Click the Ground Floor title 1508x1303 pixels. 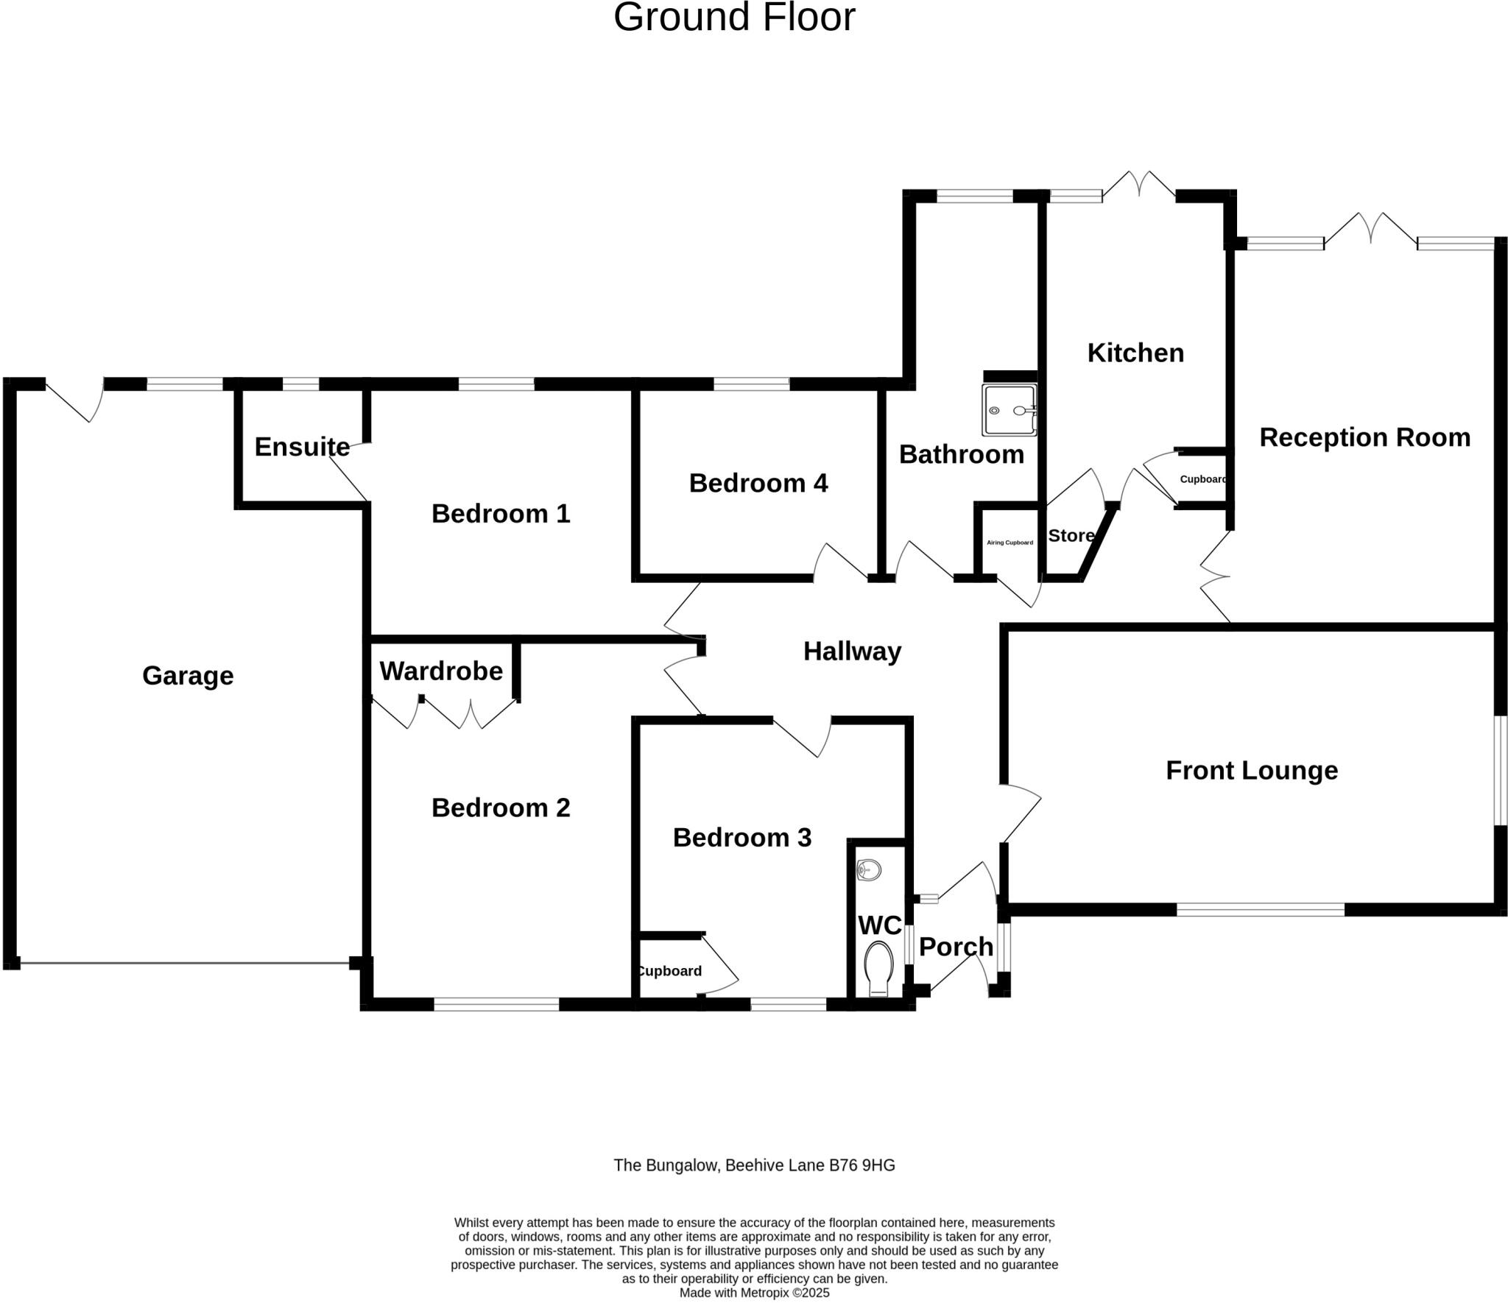(x=734, y=18)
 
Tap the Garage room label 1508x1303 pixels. (x=188, y=675)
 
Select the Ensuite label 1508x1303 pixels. (x=302, y=446)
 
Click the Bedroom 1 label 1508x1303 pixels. (x=501, y=513)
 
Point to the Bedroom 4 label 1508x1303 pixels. (x=758, y=483)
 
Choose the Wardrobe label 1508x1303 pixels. (x=441, y=671)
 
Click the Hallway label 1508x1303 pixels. (x=852, y=651)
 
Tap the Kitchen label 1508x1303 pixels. (x=1135, y=353)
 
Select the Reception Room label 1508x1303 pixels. (x=1364, y=437)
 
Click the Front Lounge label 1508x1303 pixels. (x=1252, y=770)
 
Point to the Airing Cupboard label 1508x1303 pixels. (x=1010, y=543)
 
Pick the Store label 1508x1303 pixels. (x=1071, y=535)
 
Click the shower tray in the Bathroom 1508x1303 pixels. (x=1009, y=410)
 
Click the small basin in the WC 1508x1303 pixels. (x=870, y=870)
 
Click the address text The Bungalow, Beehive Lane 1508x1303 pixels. (x=754, y=1165)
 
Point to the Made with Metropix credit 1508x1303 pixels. (x=754, y=1293)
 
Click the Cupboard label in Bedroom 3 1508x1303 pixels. (x=669, y=971)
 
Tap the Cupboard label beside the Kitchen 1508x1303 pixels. (x=1203, y=479)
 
